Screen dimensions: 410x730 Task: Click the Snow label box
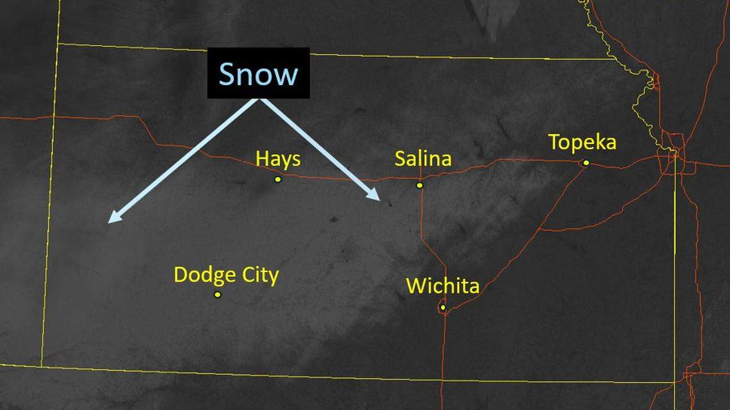(258, 73)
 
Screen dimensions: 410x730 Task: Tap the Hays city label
(278, 159)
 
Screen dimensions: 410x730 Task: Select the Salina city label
(423, 158)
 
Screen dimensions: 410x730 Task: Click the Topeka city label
(582, 142)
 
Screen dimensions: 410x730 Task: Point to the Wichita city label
(442, 285)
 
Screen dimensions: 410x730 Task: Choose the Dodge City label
(226, 275)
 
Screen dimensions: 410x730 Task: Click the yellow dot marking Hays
(278, 179)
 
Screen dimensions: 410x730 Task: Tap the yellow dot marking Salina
(419, 185)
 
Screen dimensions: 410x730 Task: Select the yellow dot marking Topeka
(586, 163)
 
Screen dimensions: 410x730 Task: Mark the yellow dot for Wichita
(442, 308)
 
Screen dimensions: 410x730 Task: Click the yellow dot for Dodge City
(218, 295)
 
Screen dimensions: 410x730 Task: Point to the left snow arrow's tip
(109, 222)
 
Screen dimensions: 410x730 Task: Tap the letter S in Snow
(229, 74)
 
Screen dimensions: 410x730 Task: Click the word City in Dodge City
(259, 276)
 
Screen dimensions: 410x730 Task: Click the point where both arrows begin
(259, 99)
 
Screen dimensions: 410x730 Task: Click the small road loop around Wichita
(442, 309)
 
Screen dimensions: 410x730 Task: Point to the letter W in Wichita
(415, 285)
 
